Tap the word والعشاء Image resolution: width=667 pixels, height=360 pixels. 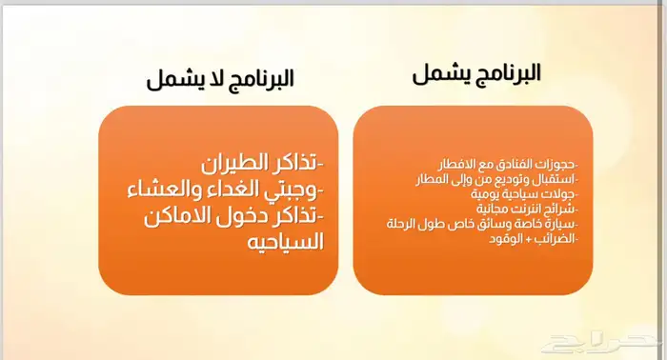(x=163, y=189)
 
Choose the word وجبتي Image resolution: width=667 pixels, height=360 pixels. (x=295, y=189)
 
